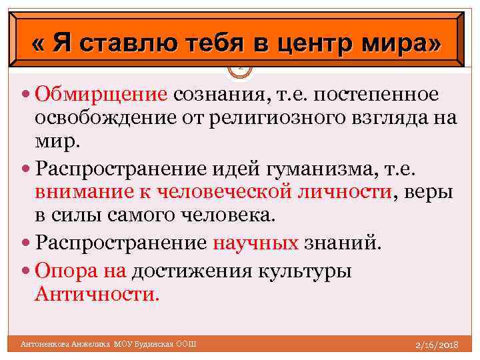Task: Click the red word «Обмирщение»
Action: point(101,95)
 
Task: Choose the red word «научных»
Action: point(255,242)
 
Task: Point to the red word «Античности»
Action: point(97,294)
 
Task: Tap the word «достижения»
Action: point(196,271)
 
